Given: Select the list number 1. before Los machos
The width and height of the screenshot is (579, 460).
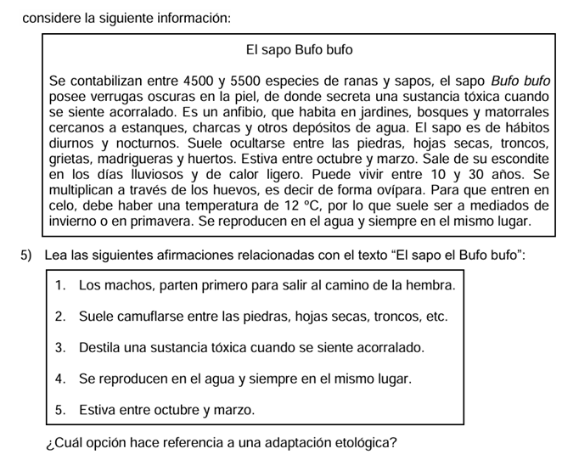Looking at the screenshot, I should (x=60, y=286).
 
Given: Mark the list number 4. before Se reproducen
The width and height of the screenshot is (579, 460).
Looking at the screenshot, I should (x=60, y=379).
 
